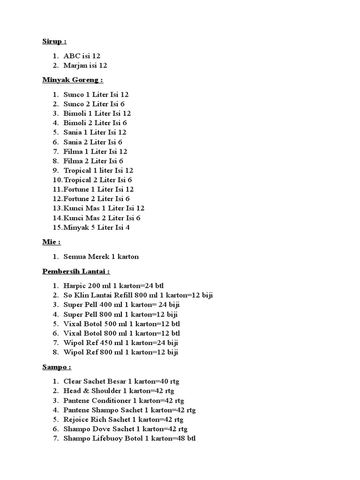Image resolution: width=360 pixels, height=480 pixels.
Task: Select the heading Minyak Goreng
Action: coord(73,80)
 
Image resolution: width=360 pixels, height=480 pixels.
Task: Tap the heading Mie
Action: coord(51,242)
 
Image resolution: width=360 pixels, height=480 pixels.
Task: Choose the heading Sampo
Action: coord(56,367)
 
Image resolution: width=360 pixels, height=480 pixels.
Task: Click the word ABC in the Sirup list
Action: coord(70,56)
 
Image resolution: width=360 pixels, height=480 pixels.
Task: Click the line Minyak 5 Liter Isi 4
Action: coord(96,227)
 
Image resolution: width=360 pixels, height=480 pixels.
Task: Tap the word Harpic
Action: coord(75,285)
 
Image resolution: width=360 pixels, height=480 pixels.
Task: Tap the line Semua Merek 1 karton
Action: coord(101,256)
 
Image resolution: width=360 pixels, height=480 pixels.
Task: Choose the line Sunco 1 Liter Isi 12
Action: coord(96,94)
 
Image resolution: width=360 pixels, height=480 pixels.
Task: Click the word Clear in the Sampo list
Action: coord(73,381)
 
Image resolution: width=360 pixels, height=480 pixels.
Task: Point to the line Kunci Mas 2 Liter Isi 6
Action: coord(102,218)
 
